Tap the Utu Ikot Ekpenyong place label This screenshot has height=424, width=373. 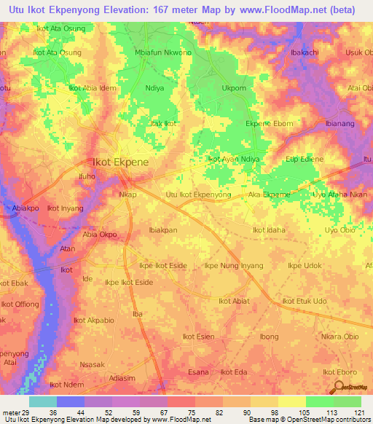(x=198, y=195)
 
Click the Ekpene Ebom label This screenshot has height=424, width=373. (x=269, y=124)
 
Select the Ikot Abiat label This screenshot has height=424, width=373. (x=234, y=301)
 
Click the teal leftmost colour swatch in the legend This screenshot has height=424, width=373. (x=43, y=401)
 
